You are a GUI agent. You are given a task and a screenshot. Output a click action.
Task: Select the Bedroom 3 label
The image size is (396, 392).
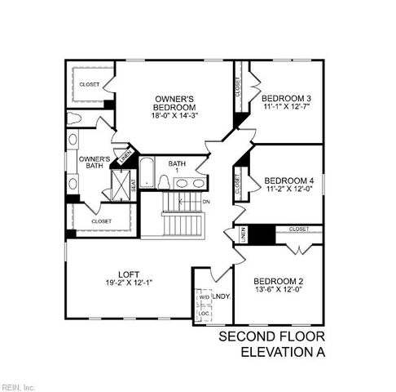click(x=288, y=97)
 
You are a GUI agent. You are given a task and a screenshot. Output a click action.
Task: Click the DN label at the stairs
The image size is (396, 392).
click(x=206, y=201)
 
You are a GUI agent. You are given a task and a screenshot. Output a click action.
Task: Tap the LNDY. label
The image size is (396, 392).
click(x=222, y=296)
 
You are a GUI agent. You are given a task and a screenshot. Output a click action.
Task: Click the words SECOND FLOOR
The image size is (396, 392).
click(x=271, y=337)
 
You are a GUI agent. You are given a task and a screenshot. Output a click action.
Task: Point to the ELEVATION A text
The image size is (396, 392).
click(x=282, y=353)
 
